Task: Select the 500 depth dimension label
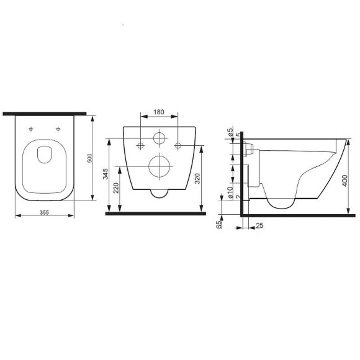coord(90,159)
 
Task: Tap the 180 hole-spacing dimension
coord(160,112)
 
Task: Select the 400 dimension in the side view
coord(344,180)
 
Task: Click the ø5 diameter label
coord(230,132)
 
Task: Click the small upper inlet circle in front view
coord(160,138)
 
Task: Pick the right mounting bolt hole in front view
coord(179,145)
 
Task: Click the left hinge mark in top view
coord(31,129)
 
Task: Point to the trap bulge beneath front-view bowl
coord(160,192)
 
